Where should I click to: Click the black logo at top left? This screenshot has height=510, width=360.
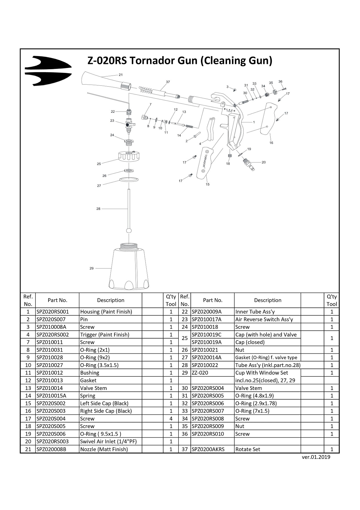tap(48, 71)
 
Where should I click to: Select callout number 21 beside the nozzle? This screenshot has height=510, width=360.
tap(121, 75)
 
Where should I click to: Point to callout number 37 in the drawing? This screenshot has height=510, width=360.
tap(168, 82)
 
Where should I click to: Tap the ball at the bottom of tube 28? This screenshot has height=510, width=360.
tap(129, 230)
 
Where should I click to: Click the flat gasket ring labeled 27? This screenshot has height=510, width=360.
tap(129, 180)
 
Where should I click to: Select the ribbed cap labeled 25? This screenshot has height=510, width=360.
tap(129, 157)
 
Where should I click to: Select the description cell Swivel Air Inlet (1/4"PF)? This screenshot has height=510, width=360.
tap(108, 441)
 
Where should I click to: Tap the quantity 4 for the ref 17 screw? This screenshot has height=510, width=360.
tap(171, 418)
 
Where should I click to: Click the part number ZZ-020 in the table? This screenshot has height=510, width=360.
tap(200, 373)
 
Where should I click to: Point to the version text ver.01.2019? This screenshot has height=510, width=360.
tap(316, 457)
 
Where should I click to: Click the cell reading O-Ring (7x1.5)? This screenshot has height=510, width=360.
tap(252, 411)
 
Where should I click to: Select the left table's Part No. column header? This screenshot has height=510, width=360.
tap(57, 300)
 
